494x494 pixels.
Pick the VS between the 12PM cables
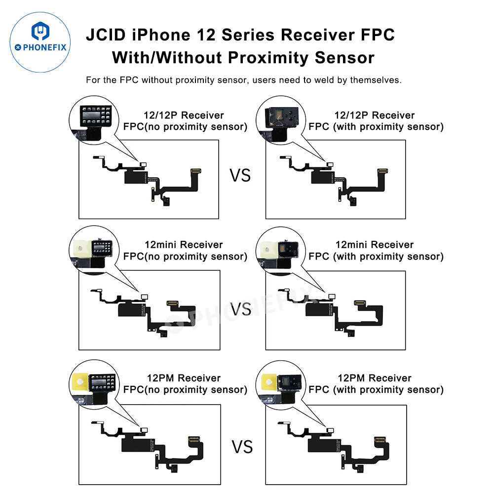click(x=242, y=447)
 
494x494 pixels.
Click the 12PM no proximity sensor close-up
click(x=93, y=380)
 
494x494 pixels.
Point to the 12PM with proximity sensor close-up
click(x=279, y=380)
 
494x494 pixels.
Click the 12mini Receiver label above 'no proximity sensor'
click(x=184, y=245)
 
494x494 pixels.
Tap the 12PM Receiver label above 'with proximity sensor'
click(x=375, y=378)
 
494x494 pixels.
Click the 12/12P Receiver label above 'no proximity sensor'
click(x=185, y=115)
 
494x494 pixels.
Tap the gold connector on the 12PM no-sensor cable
click(x=193, y=438)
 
